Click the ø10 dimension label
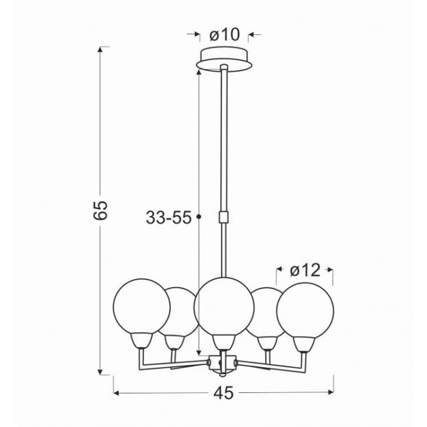point(224,35)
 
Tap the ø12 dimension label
point(305,271)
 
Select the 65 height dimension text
point(100,210)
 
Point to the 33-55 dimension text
point(169,218)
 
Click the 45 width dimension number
point(224,393)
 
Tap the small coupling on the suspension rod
point(224,217)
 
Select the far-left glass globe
point(142,306)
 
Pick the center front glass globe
point(224,307)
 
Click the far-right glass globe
point(305,311)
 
